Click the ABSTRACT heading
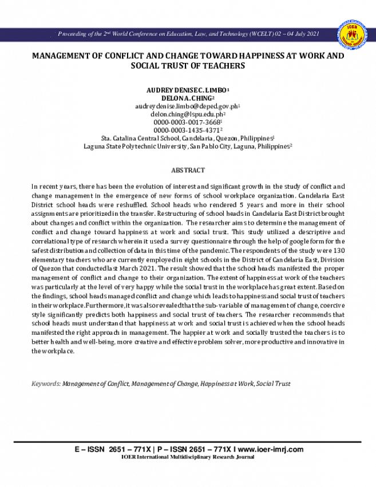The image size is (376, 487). (x=188, y=170)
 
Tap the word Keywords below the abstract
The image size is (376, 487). (x=45, y=383)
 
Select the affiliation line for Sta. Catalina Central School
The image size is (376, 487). (x=187, y=138)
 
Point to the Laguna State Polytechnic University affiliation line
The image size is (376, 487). (x=187, y=147)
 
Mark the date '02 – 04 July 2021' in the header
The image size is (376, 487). (x=302, y=34)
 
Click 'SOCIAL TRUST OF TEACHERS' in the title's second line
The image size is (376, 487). (x=188, y=66)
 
